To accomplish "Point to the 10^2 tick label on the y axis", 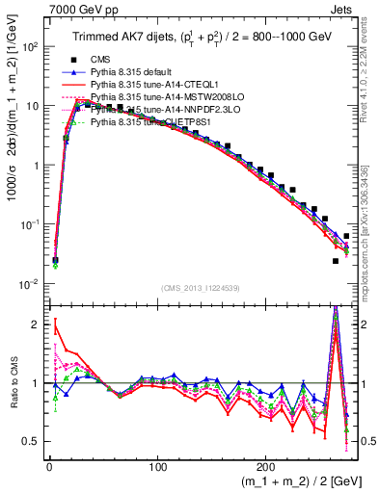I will point(28,46).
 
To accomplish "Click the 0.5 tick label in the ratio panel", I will point(29,441).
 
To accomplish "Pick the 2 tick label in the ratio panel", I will point(34,324).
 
